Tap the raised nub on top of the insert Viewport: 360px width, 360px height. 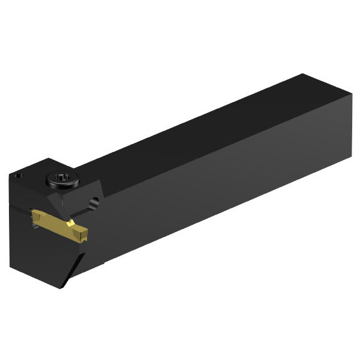point(71,223)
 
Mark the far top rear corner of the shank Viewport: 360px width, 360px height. point(304,74)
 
